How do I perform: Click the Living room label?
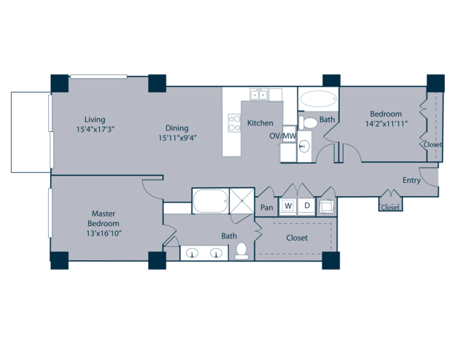coord(95,120)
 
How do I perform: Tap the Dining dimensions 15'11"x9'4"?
coord(177,138)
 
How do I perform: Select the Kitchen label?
coord(260,122)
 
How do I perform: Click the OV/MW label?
coord(283,136)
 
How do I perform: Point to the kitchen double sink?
coord(259,95)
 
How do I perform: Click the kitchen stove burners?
coord(234,123)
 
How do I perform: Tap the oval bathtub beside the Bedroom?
coord(318,98)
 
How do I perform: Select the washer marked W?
coord(288,206)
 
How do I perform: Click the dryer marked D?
coord(307,206)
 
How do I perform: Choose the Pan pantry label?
coord(267,207)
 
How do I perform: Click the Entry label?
coord(411,180)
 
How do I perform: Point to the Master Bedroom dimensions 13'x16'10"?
coord(104,233)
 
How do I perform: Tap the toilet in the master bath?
coord(241,251)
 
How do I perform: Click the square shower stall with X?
coord(242,201)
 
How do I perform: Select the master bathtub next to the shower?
coord(211,201)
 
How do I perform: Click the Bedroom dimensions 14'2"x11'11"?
coord(386,124)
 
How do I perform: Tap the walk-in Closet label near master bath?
coord(297,238)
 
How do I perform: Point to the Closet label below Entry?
coord(390,207)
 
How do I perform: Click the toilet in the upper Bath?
coord(308,122)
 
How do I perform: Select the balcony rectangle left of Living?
coord(31,132)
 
